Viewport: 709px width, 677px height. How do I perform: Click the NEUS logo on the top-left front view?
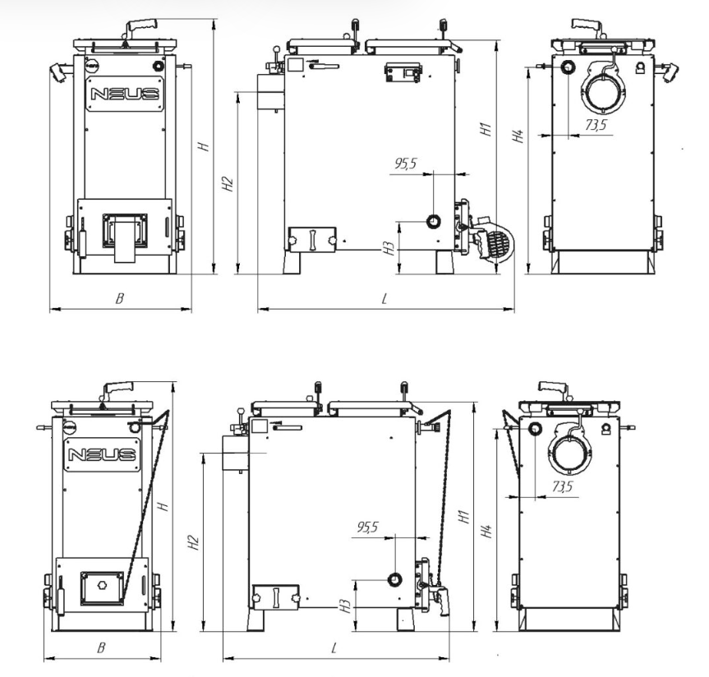[125, 94]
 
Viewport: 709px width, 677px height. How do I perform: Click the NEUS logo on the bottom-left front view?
[102, 454]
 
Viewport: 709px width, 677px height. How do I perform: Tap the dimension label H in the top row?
[205, 146]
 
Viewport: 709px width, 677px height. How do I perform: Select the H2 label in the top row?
[228, 183]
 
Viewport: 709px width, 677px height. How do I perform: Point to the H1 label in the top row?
[486, 129]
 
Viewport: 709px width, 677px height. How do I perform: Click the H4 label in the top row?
[518, 136]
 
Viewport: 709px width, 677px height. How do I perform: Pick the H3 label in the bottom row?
[346, 606]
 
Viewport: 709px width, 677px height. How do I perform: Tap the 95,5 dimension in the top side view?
[406, 163]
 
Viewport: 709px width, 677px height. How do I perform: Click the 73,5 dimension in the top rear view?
[596, 124]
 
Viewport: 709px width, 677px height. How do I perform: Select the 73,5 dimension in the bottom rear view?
[562, 486]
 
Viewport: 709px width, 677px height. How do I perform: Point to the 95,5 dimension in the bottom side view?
[367, 527]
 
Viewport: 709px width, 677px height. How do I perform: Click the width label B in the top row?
[120, 298]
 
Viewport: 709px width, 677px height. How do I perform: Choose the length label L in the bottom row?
[334, 649]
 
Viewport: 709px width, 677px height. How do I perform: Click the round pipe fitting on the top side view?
[434, 221]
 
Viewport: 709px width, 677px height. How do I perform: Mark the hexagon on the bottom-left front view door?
[103, 586]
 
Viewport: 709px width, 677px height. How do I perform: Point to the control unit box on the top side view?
[403, 72]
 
